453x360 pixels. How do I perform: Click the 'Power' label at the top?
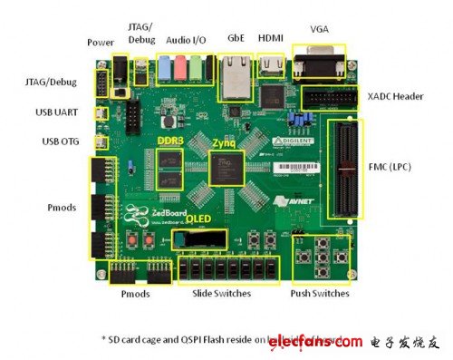click(x=101, y=43)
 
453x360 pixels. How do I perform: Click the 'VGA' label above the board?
click(x=320, y=28)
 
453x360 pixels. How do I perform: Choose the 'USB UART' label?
click(x=63, y=114)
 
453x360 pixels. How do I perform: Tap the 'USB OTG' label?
click(x=64, y=142)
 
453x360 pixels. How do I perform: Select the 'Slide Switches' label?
click(x=222, y=294)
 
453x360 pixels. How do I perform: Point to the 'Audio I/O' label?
click(x=184, y=40)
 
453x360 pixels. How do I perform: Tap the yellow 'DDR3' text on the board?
click(x=171, y=142)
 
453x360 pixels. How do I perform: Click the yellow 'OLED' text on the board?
click(x=200, y=219)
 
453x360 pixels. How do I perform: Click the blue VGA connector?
click(x=320, y=64)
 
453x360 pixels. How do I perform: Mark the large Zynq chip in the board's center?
click(x=223, y=170)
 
